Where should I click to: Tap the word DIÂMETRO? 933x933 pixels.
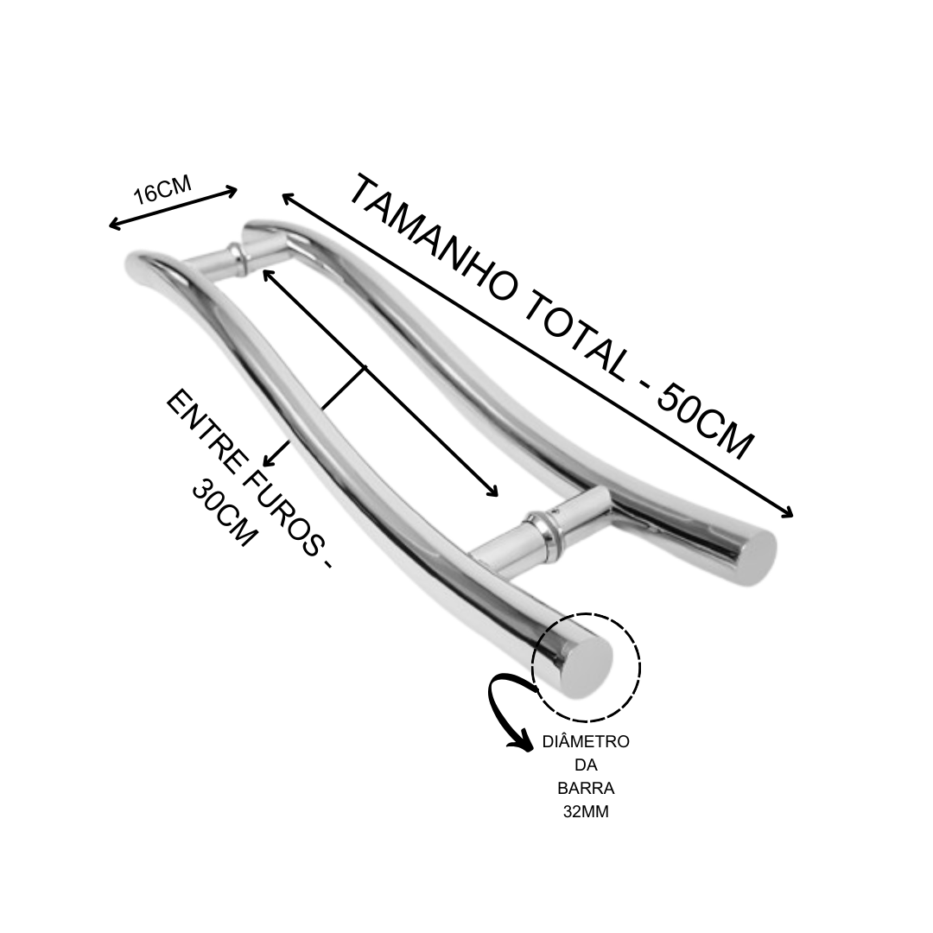[x=586, y=742]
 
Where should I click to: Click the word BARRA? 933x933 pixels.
[x=586, y=789]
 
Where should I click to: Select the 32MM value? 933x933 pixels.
[x=586, y=811]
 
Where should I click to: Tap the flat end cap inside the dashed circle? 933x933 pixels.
[x=585, y=666]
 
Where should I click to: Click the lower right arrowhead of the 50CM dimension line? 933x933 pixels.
[x=787, y=511]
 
